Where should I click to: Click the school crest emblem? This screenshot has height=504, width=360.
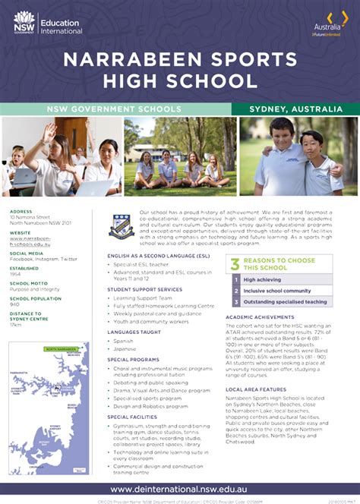pyautogui.click(x=122, y=225)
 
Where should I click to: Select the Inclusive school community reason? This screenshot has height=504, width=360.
pyautogui.click(x=276, y=291)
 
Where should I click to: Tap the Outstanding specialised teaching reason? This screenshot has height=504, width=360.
pyautogui.click(x=285, y=302)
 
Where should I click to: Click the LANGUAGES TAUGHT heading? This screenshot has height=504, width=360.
pyautogui.click(x=134, y=332)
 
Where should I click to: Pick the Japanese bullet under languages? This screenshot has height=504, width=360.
pyautogui.click(x=125, y=348)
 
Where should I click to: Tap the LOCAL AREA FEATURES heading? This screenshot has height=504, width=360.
pyautogui.click(x=256, y=389)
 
